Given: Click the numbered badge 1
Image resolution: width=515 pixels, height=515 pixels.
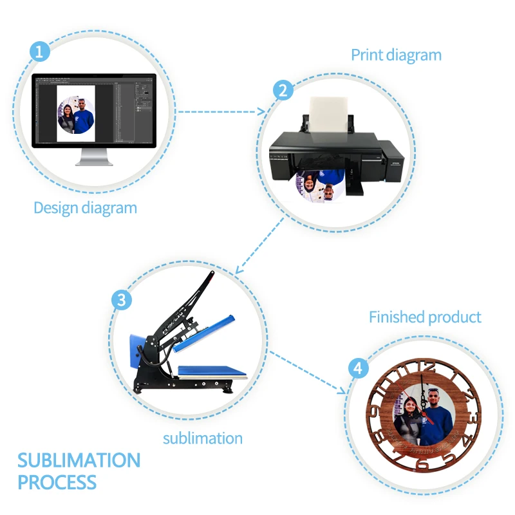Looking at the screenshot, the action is tap(40, 51).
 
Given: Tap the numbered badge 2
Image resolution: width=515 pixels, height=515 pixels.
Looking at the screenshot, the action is tap(282, 90).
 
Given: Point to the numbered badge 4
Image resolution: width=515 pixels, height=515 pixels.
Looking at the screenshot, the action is tap(359, 368).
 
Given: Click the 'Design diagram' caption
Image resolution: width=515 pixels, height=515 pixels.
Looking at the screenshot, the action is tap(85, 208).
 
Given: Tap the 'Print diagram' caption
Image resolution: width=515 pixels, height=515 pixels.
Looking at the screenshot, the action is tap(396, 55).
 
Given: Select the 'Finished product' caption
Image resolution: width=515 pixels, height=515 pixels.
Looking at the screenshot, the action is tap(425, 317).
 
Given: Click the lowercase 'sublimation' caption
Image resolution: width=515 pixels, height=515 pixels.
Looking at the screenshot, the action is tap(202, 439).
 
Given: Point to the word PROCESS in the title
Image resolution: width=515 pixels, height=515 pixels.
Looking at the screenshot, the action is tap(57, 482).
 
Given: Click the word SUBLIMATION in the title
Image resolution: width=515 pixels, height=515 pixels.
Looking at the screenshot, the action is tap(79, 461).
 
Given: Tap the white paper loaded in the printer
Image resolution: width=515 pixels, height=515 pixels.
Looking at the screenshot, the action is tap(330, 119).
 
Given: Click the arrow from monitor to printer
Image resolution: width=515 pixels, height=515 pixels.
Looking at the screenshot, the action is tap(223, 110).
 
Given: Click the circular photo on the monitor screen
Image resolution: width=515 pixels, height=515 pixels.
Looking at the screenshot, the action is tap(76, 116).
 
